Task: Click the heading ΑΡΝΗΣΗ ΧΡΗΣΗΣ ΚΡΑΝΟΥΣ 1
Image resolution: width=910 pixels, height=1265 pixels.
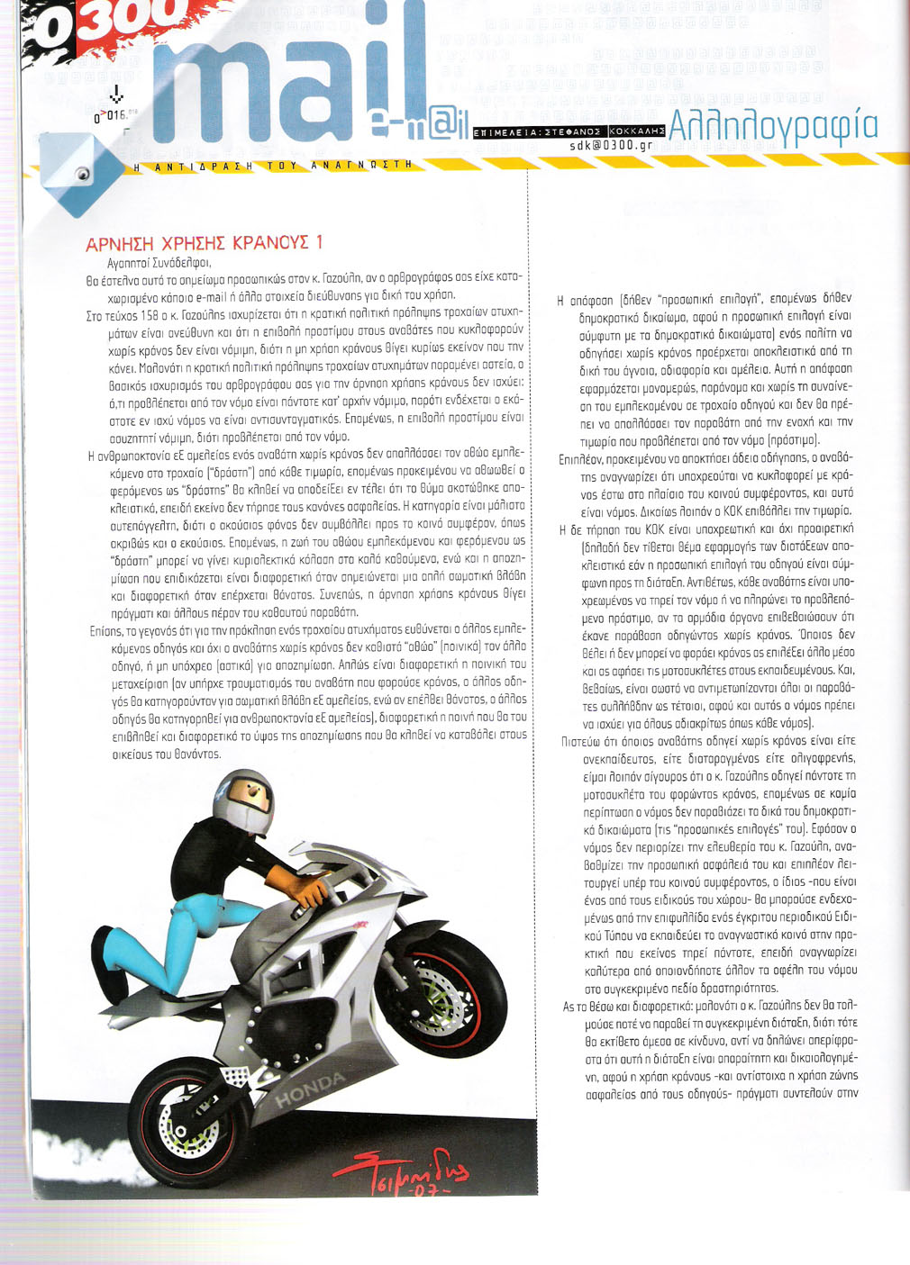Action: (x=205, y=243)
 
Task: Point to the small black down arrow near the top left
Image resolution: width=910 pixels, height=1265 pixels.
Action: (x=115, y=95)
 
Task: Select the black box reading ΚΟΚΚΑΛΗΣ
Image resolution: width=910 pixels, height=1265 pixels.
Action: (x=636, y=131)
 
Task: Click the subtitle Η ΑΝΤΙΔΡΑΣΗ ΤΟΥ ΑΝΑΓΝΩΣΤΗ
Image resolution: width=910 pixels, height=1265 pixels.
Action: (x=271, y=167)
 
